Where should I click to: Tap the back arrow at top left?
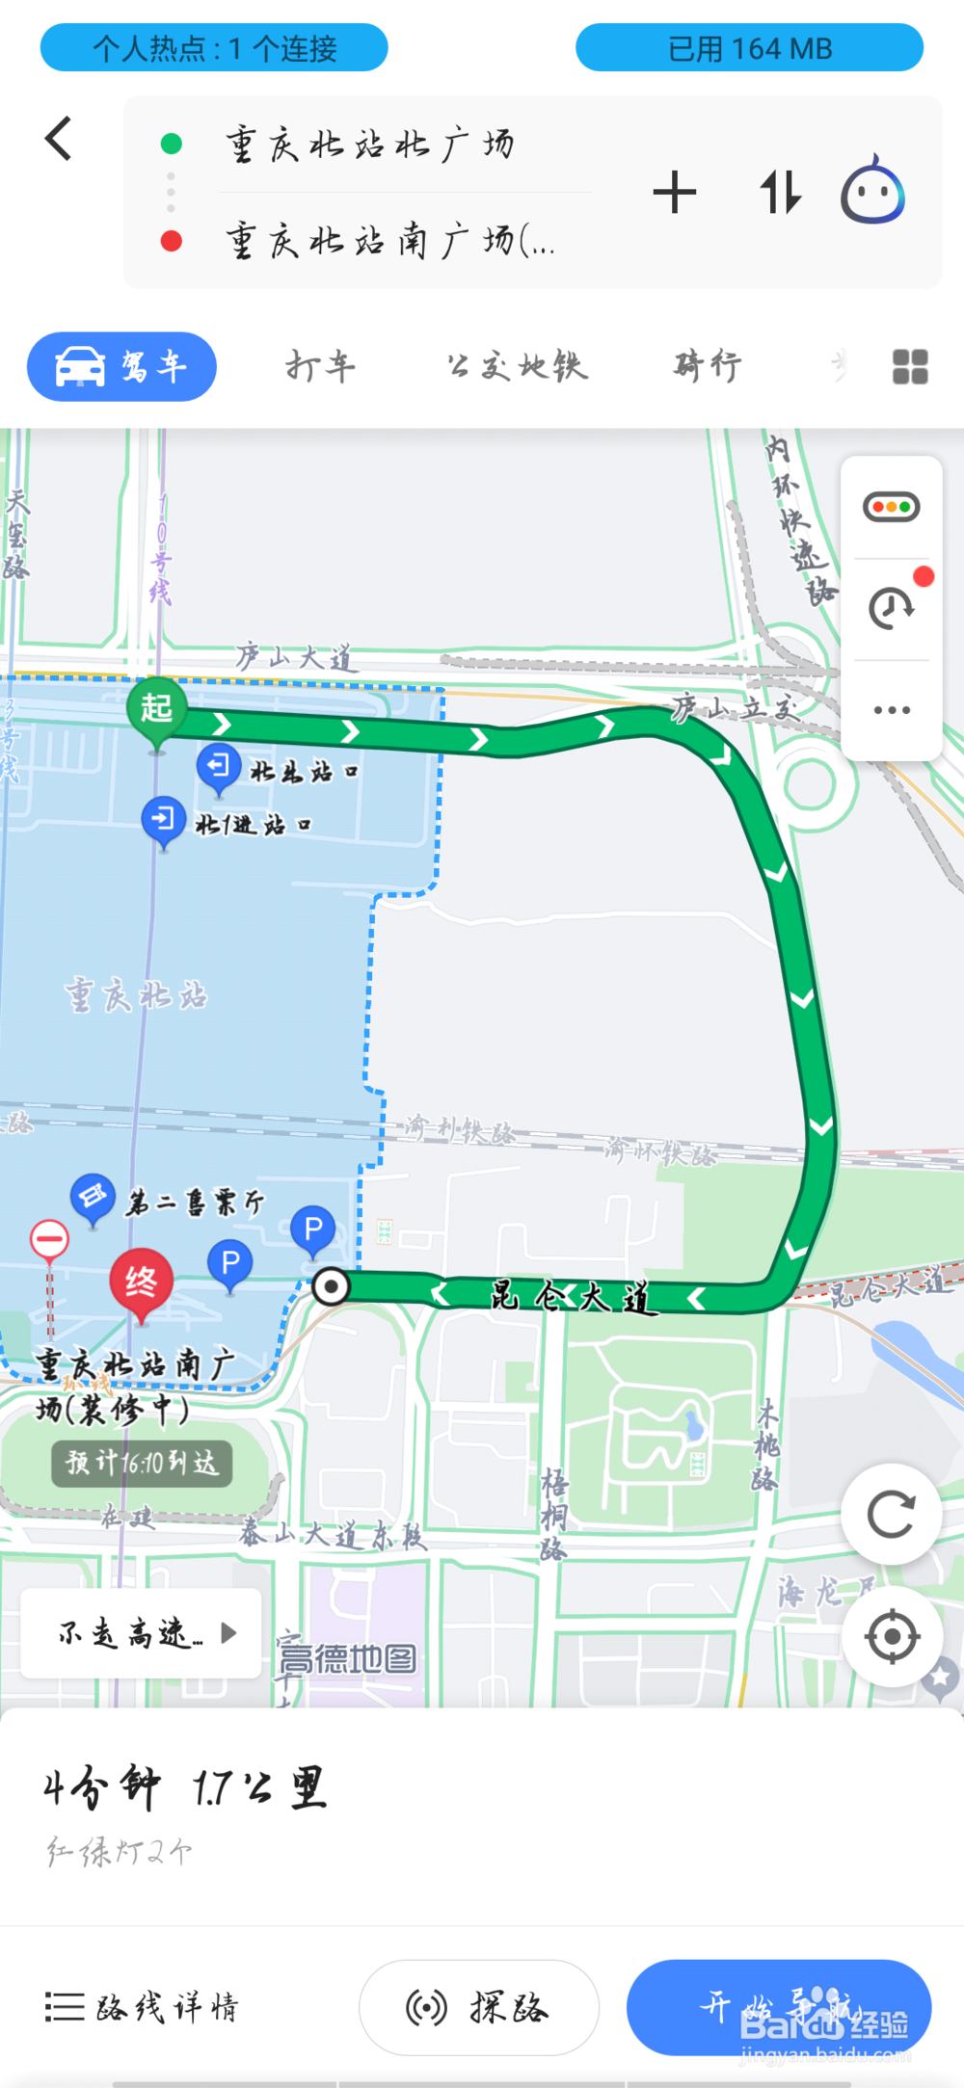point(59,139)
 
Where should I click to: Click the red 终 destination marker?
point(141,1282)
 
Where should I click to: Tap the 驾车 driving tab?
point(122,367)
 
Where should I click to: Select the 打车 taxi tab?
point(320,367)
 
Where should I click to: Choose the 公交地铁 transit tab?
point(517,367)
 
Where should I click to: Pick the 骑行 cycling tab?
point(708,367)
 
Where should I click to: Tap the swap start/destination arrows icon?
point(780,192)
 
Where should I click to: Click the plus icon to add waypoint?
point(675,192)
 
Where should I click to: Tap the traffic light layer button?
point(892,507)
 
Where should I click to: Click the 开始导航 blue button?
point(779,2007)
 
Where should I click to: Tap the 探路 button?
point(479,2007)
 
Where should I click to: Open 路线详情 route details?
point(142,2007)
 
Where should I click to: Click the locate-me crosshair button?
point(892,1635)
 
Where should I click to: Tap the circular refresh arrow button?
point(892,1515)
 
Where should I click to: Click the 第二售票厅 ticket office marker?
point(94,1198)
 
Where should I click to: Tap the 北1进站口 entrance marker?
point(164,820)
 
